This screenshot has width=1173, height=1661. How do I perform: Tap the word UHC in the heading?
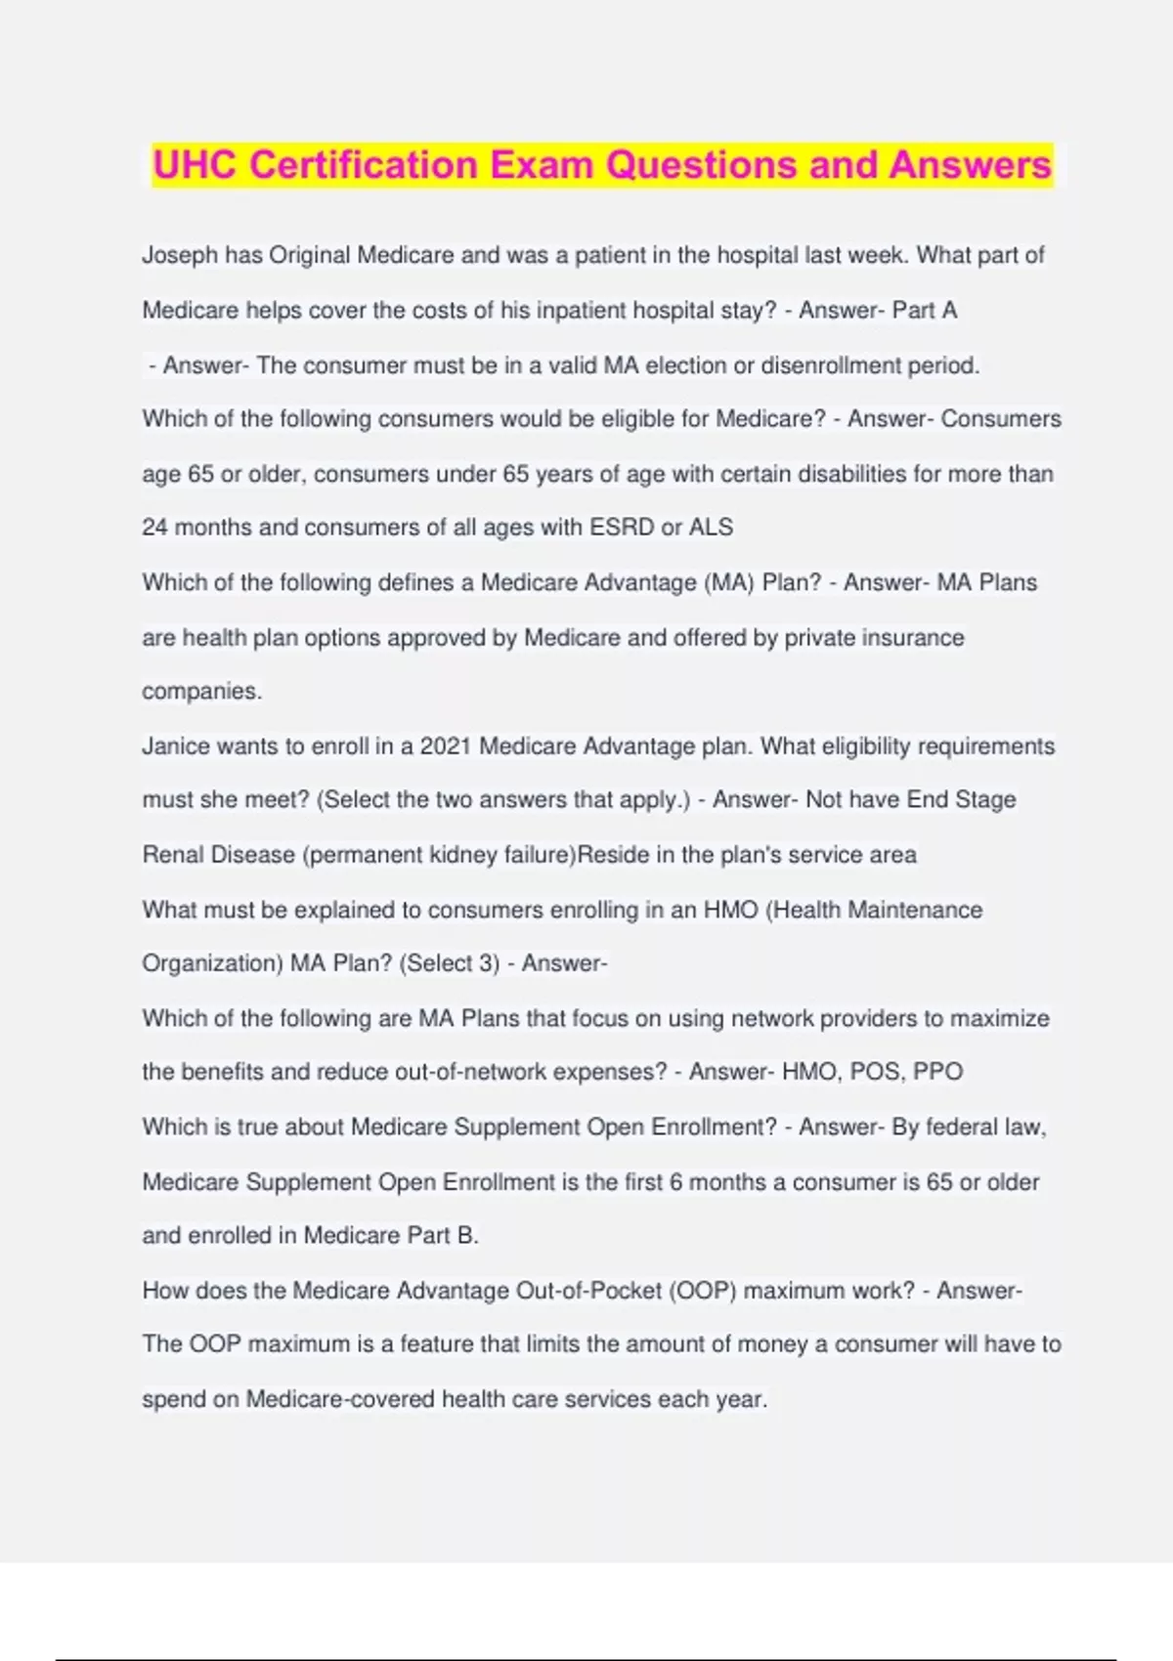[195, 164]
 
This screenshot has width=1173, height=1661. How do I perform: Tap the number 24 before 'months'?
[154, 528]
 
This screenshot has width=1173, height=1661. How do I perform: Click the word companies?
[201, 692]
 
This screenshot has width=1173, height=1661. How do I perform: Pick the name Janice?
[175, 746]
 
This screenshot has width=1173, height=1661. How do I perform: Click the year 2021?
[446, 746]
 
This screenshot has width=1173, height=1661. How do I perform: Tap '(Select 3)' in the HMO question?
[449, 963]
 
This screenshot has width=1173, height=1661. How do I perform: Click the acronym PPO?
[937, 1072]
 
